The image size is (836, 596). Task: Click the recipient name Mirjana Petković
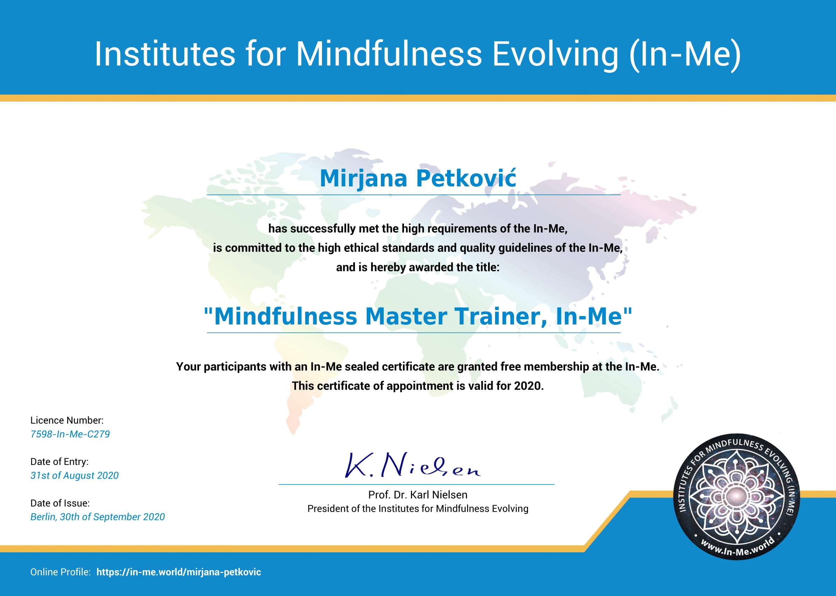pos(418,179)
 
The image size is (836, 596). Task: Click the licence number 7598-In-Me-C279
pos(70,434)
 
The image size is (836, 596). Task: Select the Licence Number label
pos(67,420)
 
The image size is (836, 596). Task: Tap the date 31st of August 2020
pos(75,475)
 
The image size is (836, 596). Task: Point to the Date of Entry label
pos(60,462)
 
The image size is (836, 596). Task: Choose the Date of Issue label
pos(60,503)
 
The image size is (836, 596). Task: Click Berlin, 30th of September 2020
pos(98,517)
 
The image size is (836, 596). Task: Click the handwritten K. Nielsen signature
pos(412,465)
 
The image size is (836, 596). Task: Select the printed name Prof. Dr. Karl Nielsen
pos(418,495)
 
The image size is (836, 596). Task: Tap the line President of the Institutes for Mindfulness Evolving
pos(418,509)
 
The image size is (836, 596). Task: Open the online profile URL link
pos(179,572)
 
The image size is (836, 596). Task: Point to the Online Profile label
pos(61,572)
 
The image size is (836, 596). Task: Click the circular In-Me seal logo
pos(736,496)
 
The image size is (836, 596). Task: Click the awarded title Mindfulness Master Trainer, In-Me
pos(418,316)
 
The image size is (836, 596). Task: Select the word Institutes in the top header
pos(165,54)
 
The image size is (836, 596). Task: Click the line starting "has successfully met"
pos(418,229)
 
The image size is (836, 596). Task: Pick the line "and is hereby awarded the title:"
pos(418,267)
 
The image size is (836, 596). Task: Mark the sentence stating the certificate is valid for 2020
pos(418,386)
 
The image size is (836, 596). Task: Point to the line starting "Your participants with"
pos(418,366)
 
